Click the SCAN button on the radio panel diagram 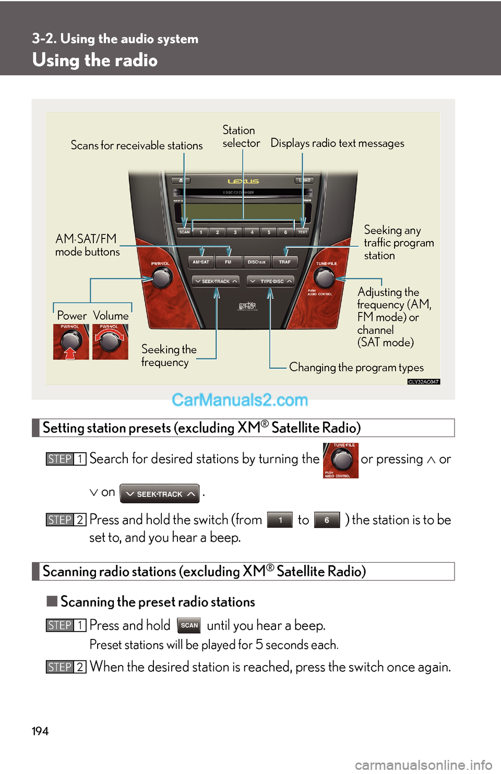coord(185,232)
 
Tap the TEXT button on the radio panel coord(303,232)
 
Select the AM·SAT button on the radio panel coord(201,262)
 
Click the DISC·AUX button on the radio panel coord(256,262)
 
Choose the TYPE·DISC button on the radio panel coord(270,281)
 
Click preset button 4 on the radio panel coord(252,232)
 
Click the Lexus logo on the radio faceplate coord(243,182)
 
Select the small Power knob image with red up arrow coord(71,342)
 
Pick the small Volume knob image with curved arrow coord(110,342)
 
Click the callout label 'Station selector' coord(241,137)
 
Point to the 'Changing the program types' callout coord(356,367)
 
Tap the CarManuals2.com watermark coord(240,400)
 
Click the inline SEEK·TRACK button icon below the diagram coord(160,494)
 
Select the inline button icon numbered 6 coord(327,520)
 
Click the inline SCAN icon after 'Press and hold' coord(189,625)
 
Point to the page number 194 coord(40,731)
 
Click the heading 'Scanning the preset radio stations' coord(158,602)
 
